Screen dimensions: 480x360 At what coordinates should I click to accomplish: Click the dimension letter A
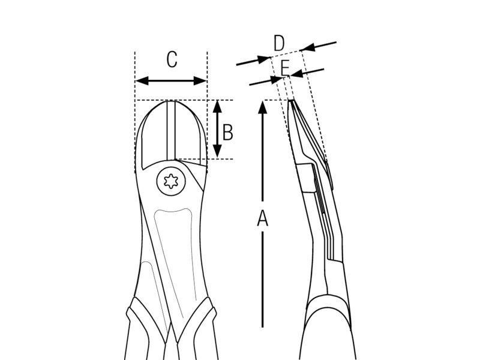coord(262,218)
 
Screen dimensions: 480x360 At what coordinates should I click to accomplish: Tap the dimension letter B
coord(227,132)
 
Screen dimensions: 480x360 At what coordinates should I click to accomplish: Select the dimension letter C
coord(172,59)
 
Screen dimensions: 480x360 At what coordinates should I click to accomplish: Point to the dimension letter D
coord(279,43)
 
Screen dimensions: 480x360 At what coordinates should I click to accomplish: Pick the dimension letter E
coord(285,68)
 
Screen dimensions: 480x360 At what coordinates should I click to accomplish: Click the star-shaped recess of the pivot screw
coord(171,182)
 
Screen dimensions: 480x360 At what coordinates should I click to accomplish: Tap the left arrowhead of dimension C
coord(142,81)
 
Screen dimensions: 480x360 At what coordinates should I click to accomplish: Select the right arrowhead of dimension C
coord(200,81)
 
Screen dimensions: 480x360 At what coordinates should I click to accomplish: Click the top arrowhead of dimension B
coord(217,106)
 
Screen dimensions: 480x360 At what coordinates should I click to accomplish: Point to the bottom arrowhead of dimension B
coord(217,151)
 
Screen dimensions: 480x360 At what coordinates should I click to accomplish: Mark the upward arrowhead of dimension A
coord(262,107)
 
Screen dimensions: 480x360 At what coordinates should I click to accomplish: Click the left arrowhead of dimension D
coord(264,59)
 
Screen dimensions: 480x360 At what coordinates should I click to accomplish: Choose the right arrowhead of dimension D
coord(308,47)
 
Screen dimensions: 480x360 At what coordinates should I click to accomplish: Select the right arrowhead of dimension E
coord(296,73)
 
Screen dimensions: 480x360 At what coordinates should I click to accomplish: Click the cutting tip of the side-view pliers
coord(290,100)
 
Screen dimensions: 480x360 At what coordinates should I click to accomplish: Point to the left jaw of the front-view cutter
coord(154,134)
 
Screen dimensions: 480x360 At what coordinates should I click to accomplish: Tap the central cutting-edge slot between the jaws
coord(171,130)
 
